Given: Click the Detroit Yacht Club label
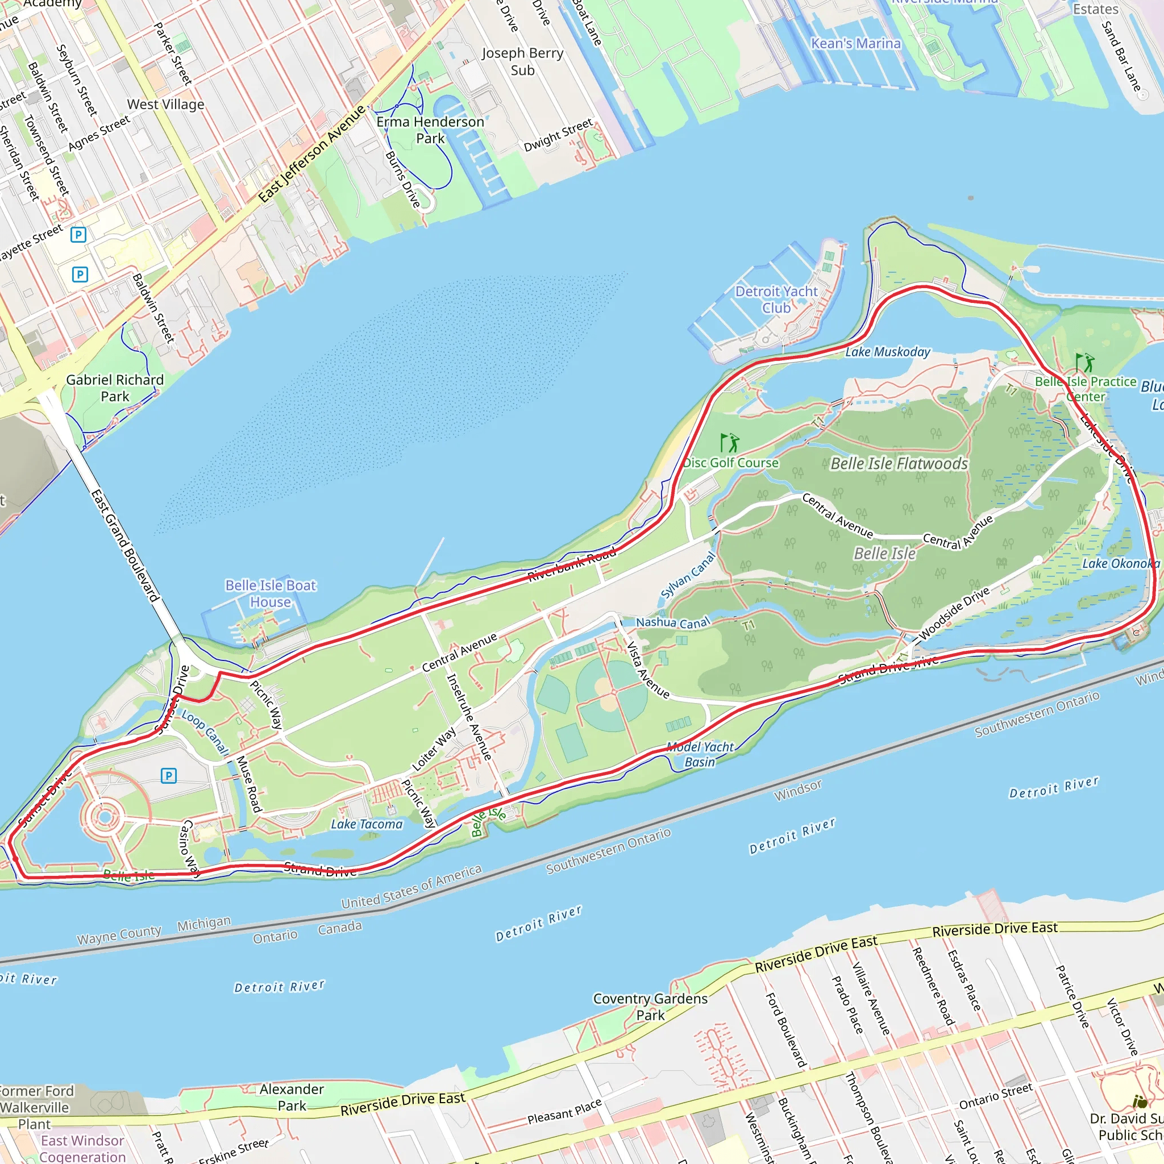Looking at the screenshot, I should pos(776,300).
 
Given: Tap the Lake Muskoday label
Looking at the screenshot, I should pos(887,352).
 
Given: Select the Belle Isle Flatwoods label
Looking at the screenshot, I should pos(899,463).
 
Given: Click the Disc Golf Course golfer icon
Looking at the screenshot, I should pos(730,443).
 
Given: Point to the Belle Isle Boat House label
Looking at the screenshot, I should pos(271,593).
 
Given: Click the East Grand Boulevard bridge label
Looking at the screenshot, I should pos(124,546).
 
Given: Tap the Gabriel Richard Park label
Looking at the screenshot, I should pos(114,388).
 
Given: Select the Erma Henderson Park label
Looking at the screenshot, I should pos(430,130).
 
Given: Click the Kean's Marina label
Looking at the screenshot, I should pos(855,43).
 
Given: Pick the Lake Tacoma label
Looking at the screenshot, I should pos(367,824).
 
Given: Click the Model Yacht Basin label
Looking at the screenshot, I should pos(700,754).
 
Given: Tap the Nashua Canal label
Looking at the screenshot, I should pos(673,622).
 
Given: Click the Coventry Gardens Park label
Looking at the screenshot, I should pos(650,1007).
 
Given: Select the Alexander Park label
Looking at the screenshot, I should pos(292,1097).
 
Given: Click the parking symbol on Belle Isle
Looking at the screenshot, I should pos(169,776).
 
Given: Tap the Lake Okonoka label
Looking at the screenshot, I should pos(1120,563).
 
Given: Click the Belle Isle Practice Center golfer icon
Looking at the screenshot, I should pos(1084,363).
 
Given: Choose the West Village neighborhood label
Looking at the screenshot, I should pos(166,104).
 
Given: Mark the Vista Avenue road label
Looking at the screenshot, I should pos(648,670).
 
